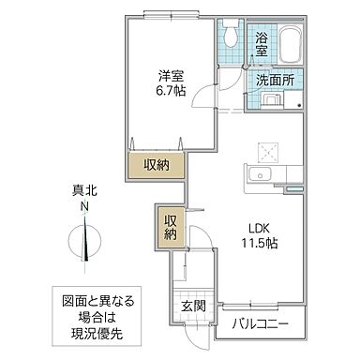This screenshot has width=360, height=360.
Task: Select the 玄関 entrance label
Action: [193, 307]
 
